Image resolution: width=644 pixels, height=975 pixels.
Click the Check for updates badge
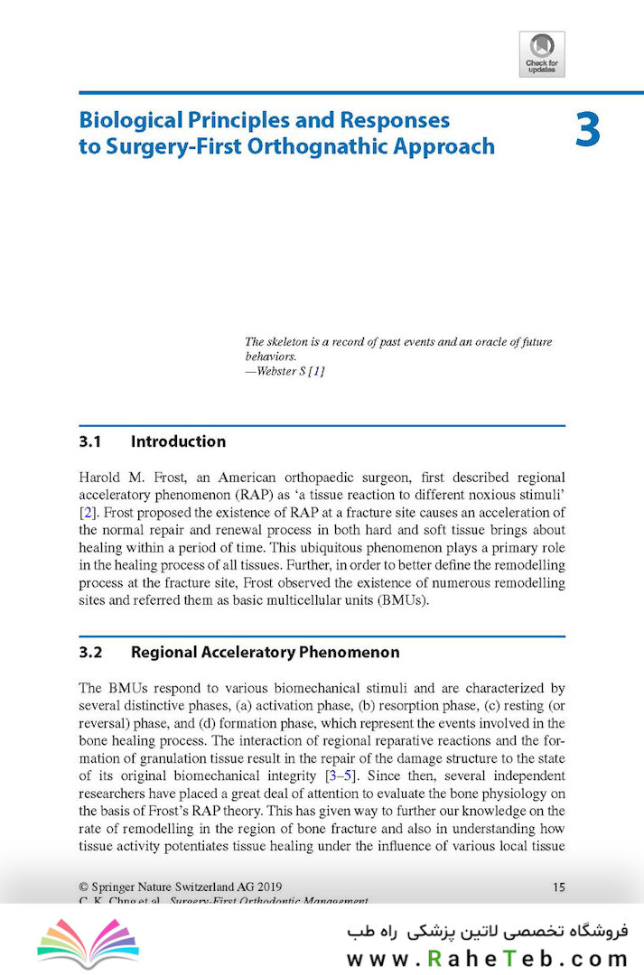(542, 53)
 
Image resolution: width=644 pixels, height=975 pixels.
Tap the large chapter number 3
(587, 132)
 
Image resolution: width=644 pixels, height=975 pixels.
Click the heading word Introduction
(178, 441)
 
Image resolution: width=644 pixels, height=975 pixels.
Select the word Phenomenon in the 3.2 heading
(348, 652)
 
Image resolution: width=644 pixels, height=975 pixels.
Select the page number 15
(558, 887)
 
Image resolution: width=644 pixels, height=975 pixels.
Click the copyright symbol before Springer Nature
(84, 887)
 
